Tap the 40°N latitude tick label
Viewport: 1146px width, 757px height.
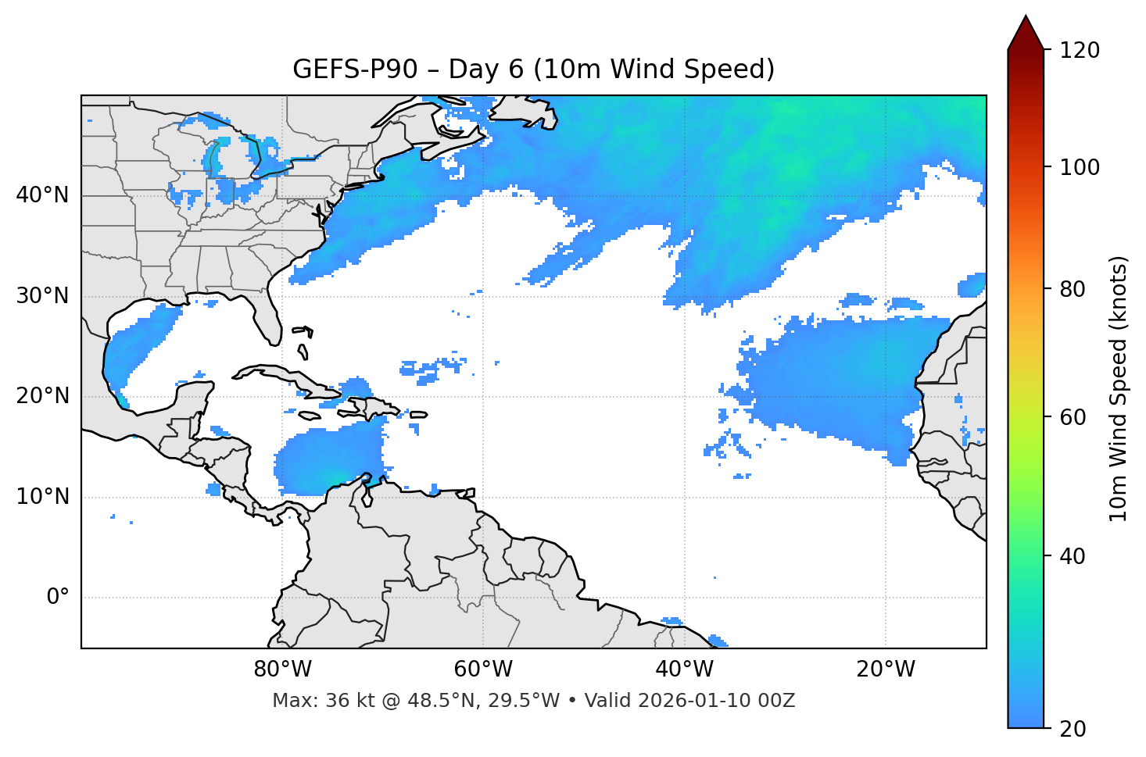[42, 195]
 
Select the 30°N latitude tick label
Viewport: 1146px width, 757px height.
[42, 296]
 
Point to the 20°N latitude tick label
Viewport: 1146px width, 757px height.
[42, 396]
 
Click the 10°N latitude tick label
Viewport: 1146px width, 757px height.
[42, 497]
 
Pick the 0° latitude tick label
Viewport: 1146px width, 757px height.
[58, 598]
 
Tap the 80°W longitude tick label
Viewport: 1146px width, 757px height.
[282, 670]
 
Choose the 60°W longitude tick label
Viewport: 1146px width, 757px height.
[483, 670]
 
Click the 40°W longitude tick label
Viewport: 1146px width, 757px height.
[684, 670]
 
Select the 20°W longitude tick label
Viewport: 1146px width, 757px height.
[885, 670]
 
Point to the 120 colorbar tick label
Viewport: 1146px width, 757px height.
[1080, 51]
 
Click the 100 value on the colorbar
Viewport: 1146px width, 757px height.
[1080, 167]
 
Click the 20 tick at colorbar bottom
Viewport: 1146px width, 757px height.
[1073, 729]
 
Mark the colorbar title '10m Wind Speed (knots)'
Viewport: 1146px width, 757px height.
[1119, 389]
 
